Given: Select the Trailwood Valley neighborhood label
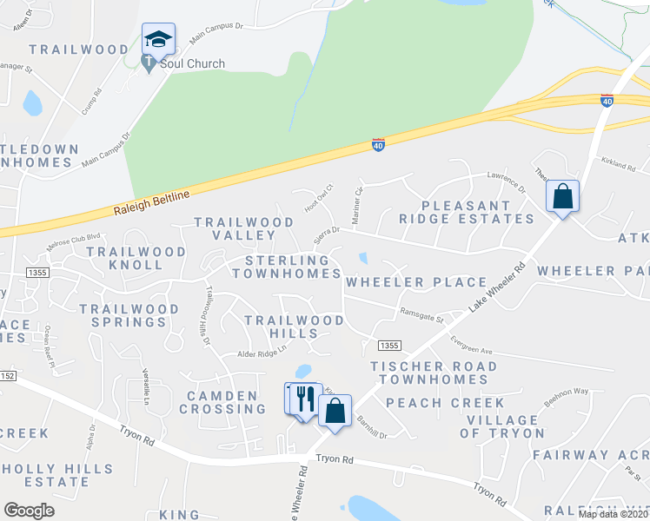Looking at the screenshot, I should (x=244, y=229).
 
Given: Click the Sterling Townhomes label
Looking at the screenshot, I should (x=288, y=267).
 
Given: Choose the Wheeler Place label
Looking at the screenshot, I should (x=416, y=282).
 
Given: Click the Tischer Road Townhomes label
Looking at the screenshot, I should (x=433, y=373).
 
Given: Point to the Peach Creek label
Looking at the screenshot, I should (x=445, y=403).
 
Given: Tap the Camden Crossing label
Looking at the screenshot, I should (x=222, y=402).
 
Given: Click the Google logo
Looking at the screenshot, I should (x=30, y=511).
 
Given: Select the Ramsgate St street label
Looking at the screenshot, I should (x=421, y=315).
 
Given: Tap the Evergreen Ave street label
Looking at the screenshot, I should (x=471, y=349).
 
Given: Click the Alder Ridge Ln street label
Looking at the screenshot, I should (x=262, y=354).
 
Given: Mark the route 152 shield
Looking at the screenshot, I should (x=7, y=375).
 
